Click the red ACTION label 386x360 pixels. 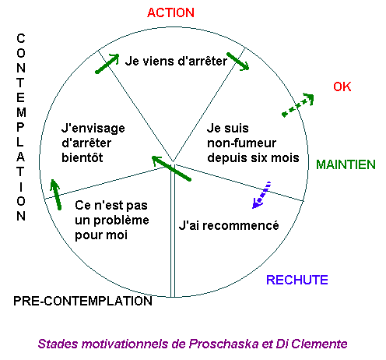(x=170, y=12)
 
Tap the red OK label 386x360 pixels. (x=342, y=86)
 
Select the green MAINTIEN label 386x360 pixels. (x=346, y=164)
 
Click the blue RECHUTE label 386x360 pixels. (x=297, y=280)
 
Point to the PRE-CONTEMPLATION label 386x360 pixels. (x=82, y=301)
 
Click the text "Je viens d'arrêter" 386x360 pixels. (x=176, y=61)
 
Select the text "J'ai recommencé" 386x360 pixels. (x=229, y=225)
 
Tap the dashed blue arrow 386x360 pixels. (x=261, y=195)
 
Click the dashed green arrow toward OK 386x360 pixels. (x=298, y=105)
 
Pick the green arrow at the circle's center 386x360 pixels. (x=171, y=168)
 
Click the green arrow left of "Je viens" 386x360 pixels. (x=107, y=64)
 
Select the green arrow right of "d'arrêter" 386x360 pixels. (x=238, y=62)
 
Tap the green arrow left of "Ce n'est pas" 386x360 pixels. (x=56, y=195)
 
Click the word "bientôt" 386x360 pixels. (x=82, y=157)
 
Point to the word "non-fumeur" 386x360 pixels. (x=241, y=143)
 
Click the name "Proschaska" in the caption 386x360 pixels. (x=223, y=344)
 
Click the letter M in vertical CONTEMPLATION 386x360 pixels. (x=21, y=112)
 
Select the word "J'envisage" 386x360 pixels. (x=93, y=129)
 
